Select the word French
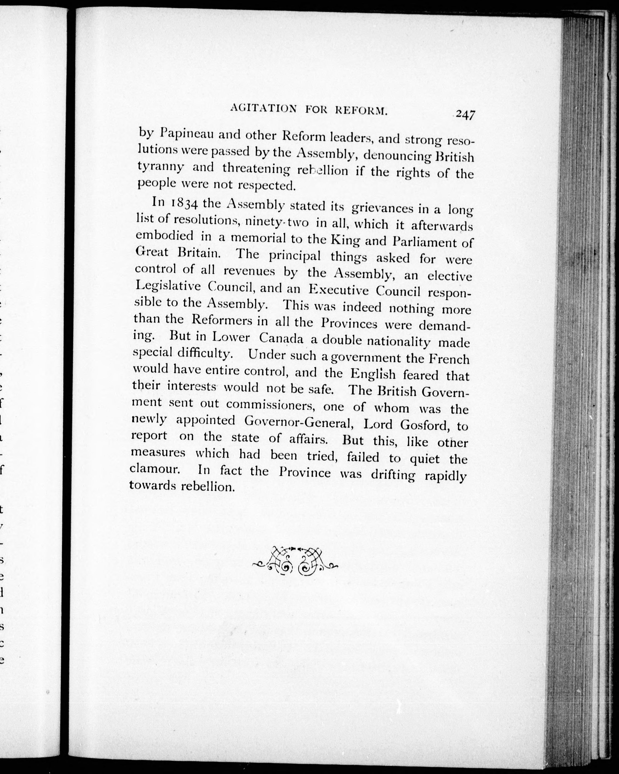pos(449,359)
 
